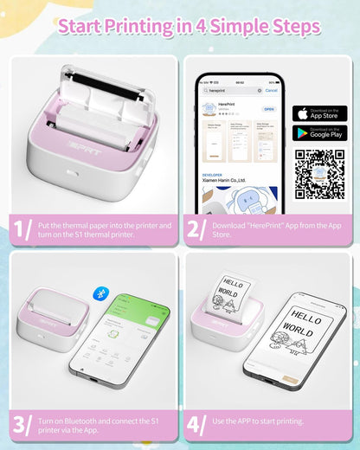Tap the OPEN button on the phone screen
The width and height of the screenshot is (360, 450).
[268, 110]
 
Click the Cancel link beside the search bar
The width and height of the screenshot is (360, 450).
[271, 90]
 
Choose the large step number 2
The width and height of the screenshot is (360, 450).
[195, 230]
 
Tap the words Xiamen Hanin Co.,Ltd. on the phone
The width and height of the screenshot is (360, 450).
[228, 183]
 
